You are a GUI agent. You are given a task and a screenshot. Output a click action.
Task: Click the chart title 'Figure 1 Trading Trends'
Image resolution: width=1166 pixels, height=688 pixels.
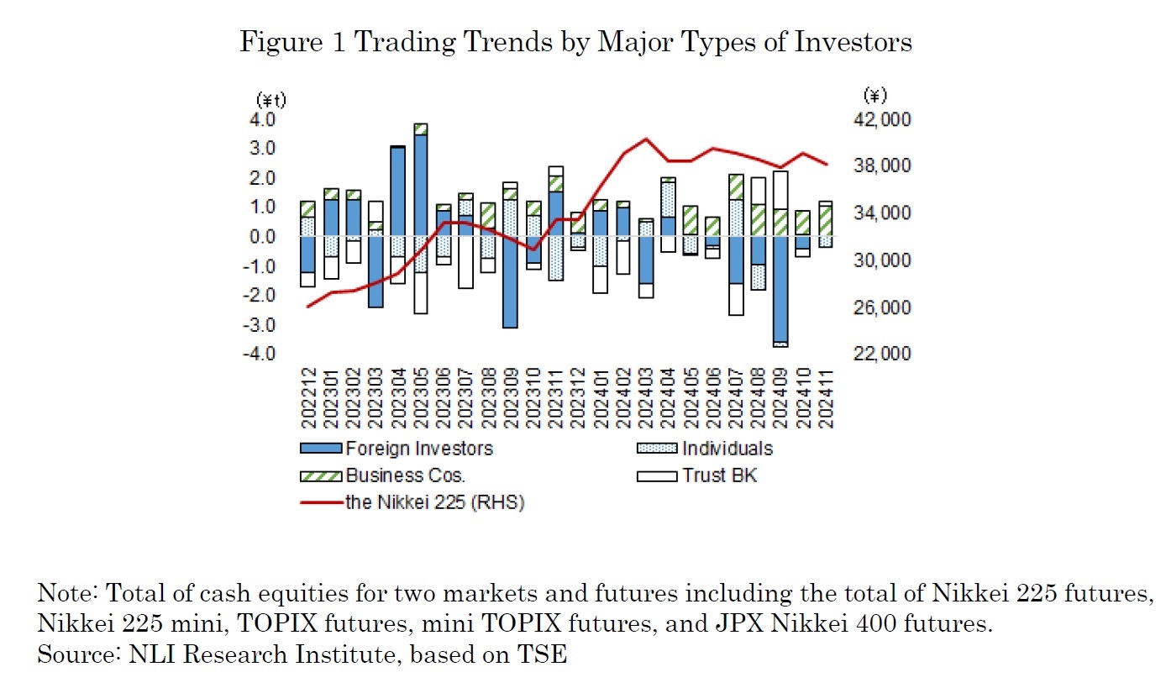[x=575, y=42]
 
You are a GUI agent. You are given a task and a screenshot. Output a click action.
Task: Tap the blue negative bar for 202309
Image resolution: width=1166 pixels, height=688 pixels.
[x=511, y=281]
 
